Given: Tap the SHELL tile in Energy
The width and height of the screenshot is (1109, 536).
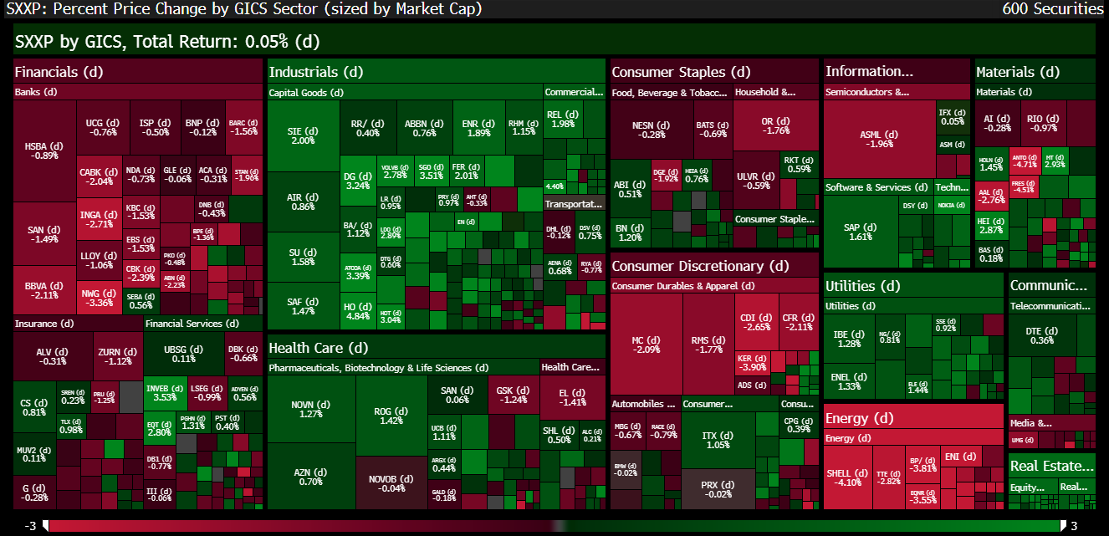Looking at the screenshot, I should [x=848, y=477].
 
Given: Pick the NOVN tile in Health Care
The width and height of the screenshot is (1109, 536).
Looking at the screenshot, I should [x=310, y=408].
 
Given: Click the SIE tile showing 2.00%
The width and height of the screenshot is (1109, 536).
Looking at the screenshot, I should [x=302, y=135].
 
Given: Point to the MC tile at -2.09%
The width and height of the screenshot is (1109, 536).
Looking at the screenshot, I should [x=644, y=345].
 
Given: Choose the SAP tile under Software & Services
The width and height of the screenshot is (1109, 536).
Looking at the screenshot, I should [x=860, y=232].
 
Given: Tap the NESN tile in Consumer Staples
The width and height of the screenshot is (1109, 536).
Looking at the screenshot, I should [x=649, y=130].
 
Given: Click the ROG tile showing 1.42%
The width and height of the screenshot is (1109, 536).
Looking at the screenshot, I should [x=391, y=415].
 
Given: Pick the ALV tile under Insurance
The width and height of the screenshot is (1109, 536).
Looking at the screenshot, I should [x=51, y=356].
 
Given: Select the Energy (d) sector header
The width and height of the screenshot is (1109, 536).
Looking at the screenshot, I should [x=859, y=417].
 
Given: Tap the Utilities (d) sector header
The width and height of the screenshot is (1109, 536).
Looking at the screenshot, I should [x=862, y=286].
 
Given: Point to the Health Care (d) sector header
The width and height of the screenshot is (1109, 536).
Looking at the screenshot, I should [x=318, y=348].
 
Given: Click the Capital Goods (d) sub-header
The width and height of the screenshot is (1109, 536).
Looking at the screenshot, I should [x=306, y=93].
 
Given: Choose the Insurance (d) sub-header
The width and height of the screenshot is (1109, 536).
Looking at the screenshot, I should [x=44, y=324].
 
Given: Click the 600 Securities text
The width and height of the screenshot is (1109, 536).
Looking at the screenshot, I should [x=1052, y=9].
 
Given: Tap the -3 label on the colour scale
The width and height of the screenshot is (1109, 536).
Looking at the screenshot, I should [x=30, y=525].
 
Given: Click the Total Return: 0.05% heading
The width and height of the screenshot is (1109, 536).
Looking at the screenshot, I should [x=167, y=42].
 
